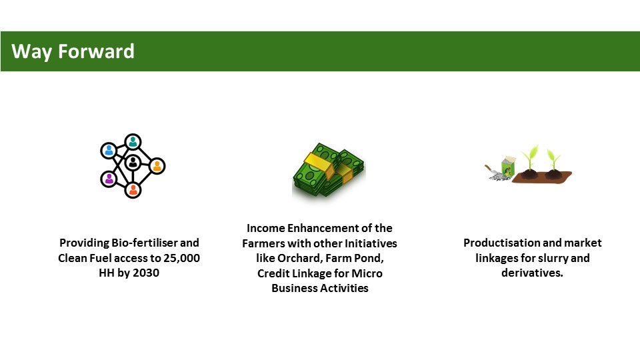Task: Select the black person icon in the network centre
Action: point(133,162)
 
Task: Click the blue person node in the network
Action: point(109,150)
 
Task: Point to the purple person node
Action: point(109,179)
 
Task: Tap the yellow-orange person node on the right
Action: point(156,166)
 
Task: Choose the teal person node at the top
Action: point(133,141)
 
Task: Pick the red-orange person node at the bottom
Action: point(133,190)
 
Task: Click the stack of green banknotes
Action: point(329,171)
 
